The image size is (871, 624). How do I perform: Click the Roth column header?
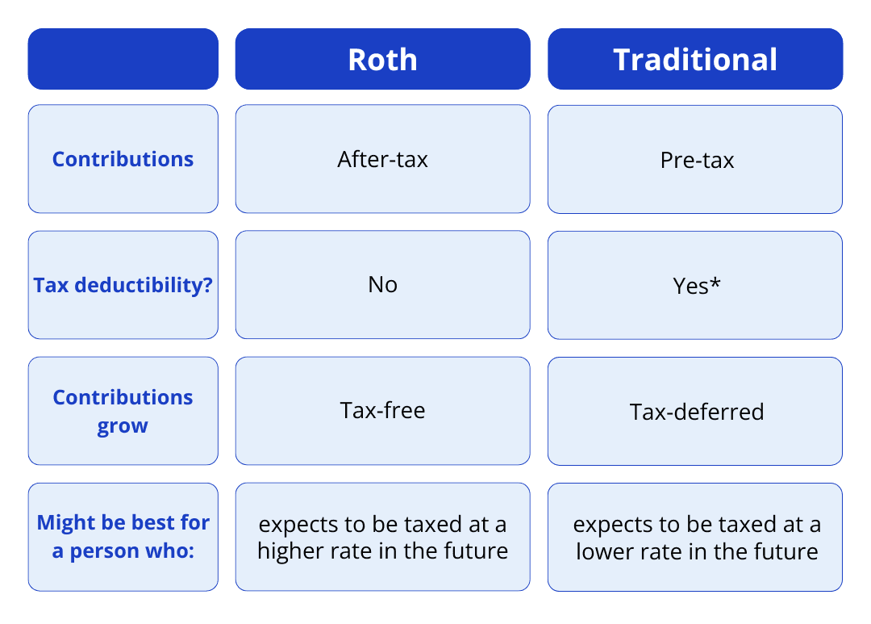coord(382,60)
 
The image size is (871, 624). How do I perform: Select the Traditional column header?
coord(695,60)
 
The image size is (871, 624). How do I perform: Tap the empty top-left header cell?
coord(123,59)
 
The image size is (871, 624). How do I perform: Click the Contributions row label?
coord(123,159)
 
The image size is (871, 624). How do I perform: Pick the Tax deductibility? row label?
coord(123,285)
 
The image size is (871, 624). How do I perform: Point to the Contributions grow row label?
coord(123,411)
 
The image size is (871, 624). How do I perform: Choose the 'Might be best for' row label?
coord(123,537)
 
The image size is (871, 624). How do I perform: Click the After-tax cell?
coord(382,159)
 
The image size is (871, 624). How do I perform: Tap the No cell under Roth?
coord(382,285)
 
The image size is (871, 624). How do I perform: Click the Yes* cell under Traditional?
coord(696,286)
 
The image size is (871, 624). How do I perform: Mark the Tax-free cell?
coord(382,410)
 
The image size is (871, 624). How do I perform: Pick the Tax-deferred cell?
coord(696,412)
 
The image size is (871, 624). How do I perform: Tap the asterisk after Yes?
coord(715,283)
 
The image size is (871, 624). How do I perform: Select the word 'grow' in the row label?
coord(123,425)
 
